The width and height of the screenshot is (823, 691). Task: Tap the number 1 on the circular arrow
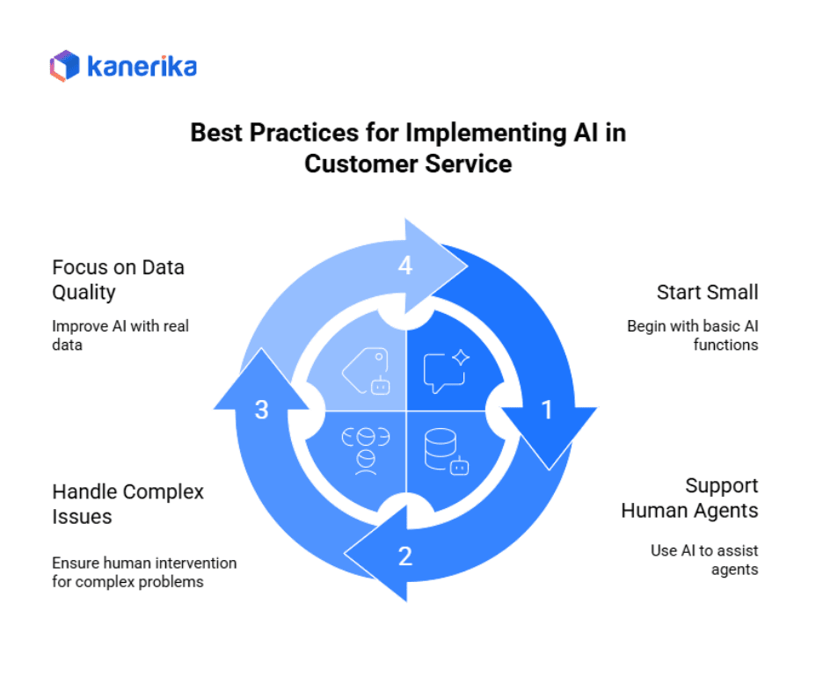(x=546, y=410)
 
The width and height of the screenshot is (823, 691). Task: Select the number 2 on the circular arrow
(x=405, y=556)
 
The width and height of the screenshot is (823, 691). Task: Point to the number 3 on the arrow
(x=261, y=410)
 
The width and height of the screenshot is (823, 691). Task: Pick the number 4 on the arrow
(x=405, y=265)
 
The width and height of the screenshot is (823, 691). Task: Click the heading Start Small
(x=707, y=292)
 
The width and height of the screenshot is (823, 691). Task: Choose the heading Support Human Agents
(x=689, y=498)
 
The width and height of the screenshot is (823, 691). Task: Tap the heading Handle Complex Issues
(x=127, y=504)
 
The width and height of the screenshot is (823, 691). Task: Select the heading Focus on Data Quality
(x=118, y=279)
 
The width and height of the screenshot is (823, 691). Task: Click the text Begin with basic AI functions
(x=692, y=335)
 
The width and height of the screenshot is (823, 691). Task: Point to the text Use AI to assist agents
(x=704, y=559)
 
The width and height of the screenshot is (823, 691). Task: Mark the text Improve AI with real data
(x=120, y=335)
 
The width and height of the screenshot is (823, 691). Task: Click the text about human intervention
(x=143, y=571)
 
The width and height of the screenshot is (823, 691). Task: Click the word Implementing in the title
(x=489, y=134)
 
